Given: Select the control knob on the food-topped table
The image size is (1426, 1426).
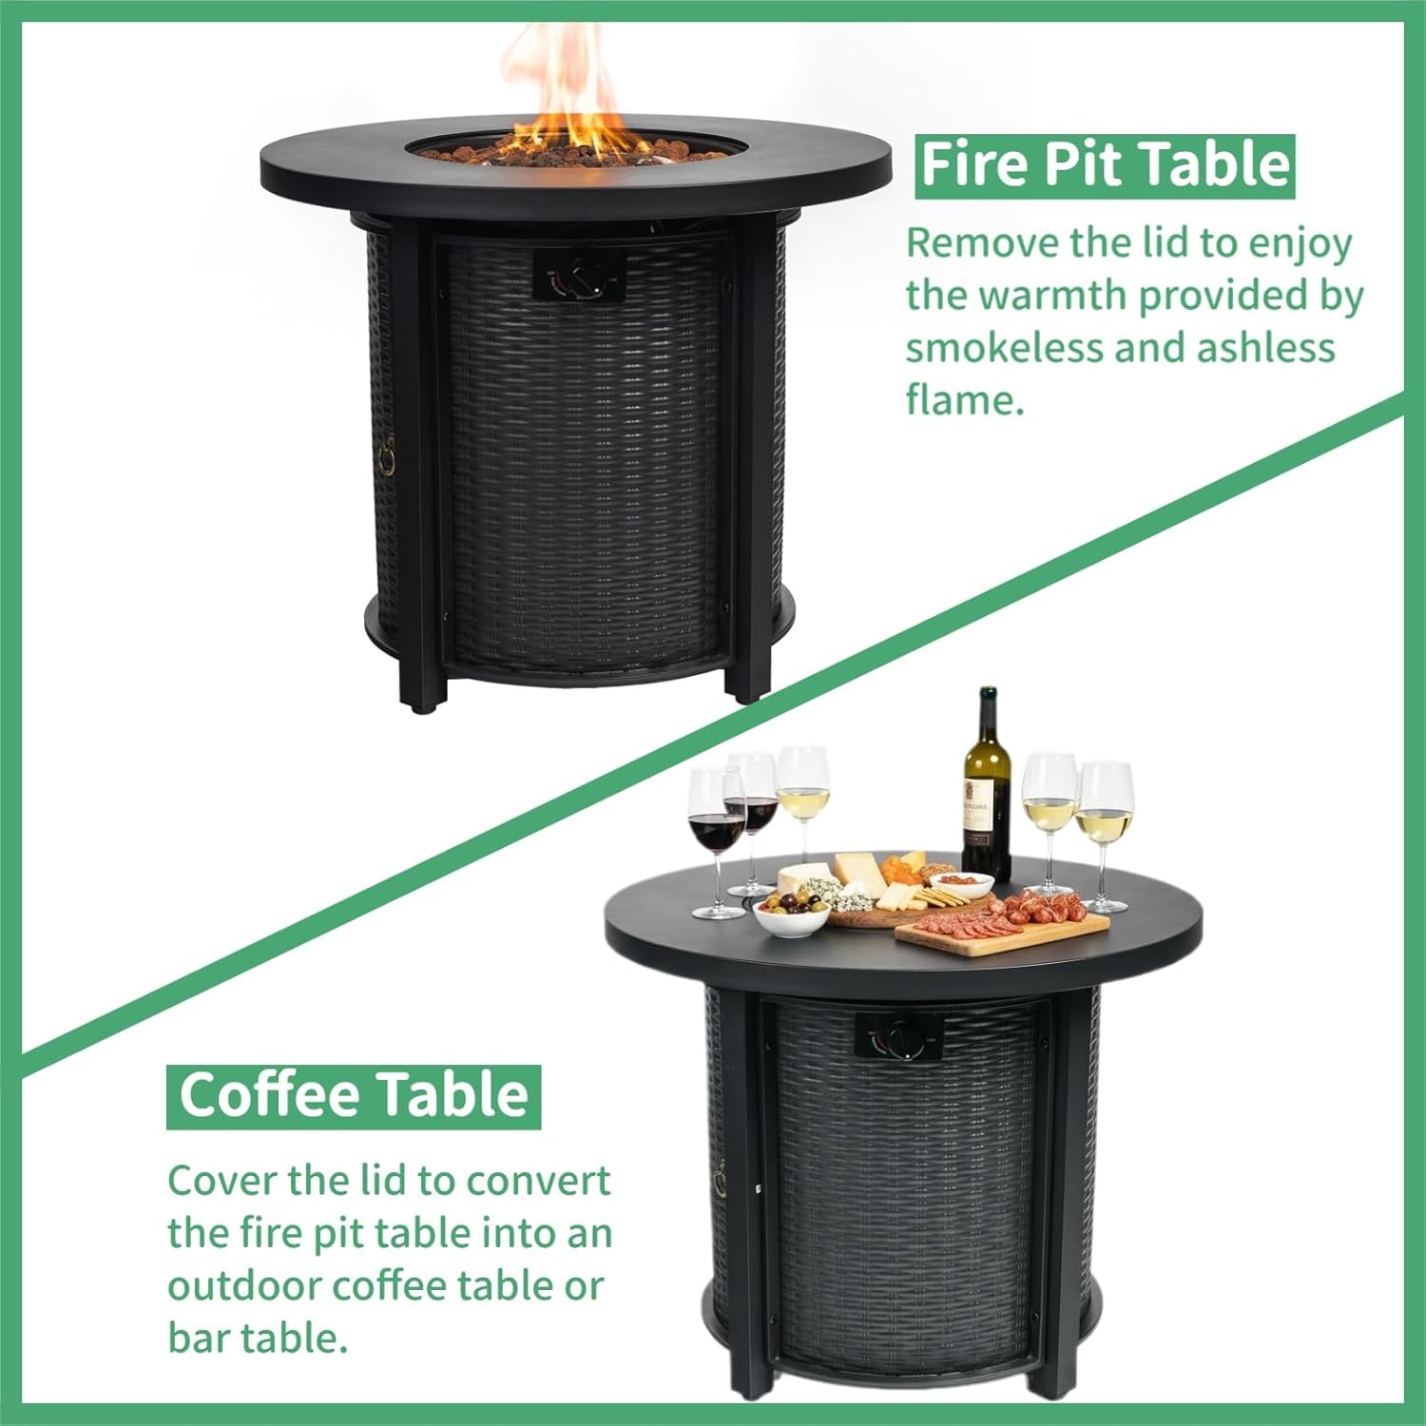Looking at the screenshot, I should pos(900,1043).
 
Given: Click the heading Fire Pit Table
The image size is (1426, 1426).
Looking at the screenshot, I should pos(1105,165).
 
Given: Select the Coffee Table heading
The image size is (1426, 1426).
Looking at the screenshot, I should pos(354,1095).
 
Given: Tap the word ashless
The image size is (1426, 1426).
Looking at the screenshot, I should pos(1265,348).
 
